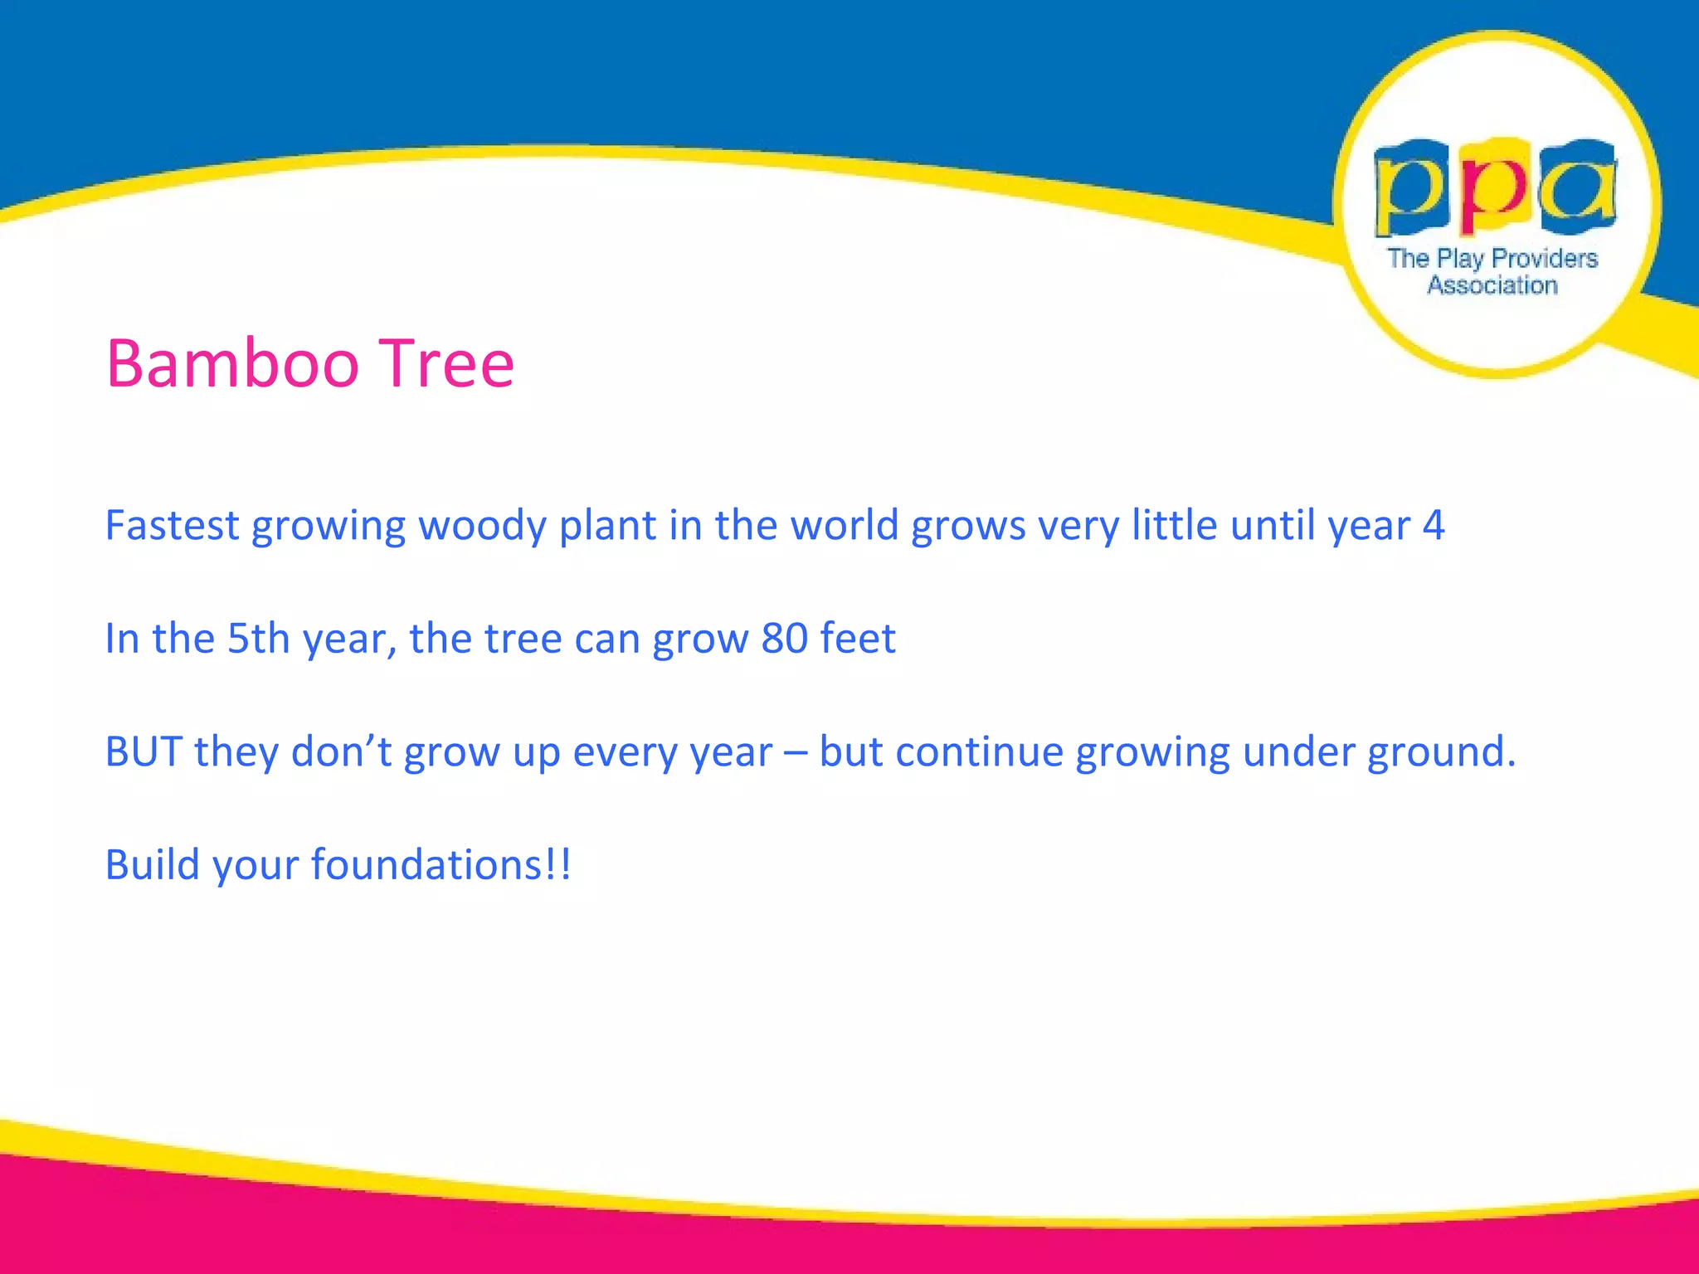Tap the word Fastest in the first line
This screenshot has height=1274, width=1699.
172,525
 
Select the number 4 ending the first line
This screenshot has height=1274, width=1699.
1433,525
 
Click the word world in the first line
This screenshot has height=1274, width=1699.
844,525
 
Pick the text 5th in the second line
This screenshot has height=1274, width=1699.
258,638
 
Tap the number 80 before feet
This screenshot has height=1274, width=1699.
784,638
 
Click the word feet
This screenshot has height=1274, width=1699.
858,638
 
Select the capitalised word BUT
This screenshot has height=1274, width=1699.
144,751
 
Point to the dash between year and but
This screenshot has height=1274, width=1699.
796,753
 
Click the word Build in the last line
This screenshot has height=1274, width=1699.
153,864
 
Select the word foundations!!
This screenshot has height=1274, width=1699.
441,864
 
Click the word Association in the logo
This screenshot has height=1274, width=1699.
1492,285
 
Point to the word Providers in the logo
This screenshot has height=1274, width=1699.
1544,259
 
